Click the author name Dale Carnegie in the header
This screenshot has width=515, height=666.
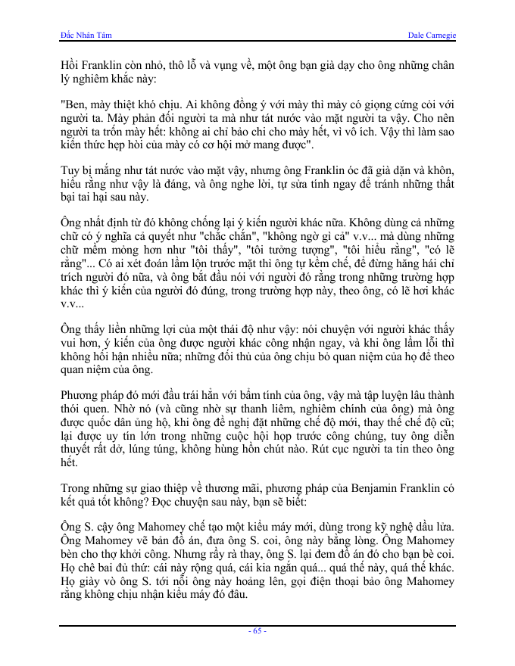tap(432, 36)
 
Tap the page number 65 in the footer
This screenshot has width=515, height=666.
tap(257, 630)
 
